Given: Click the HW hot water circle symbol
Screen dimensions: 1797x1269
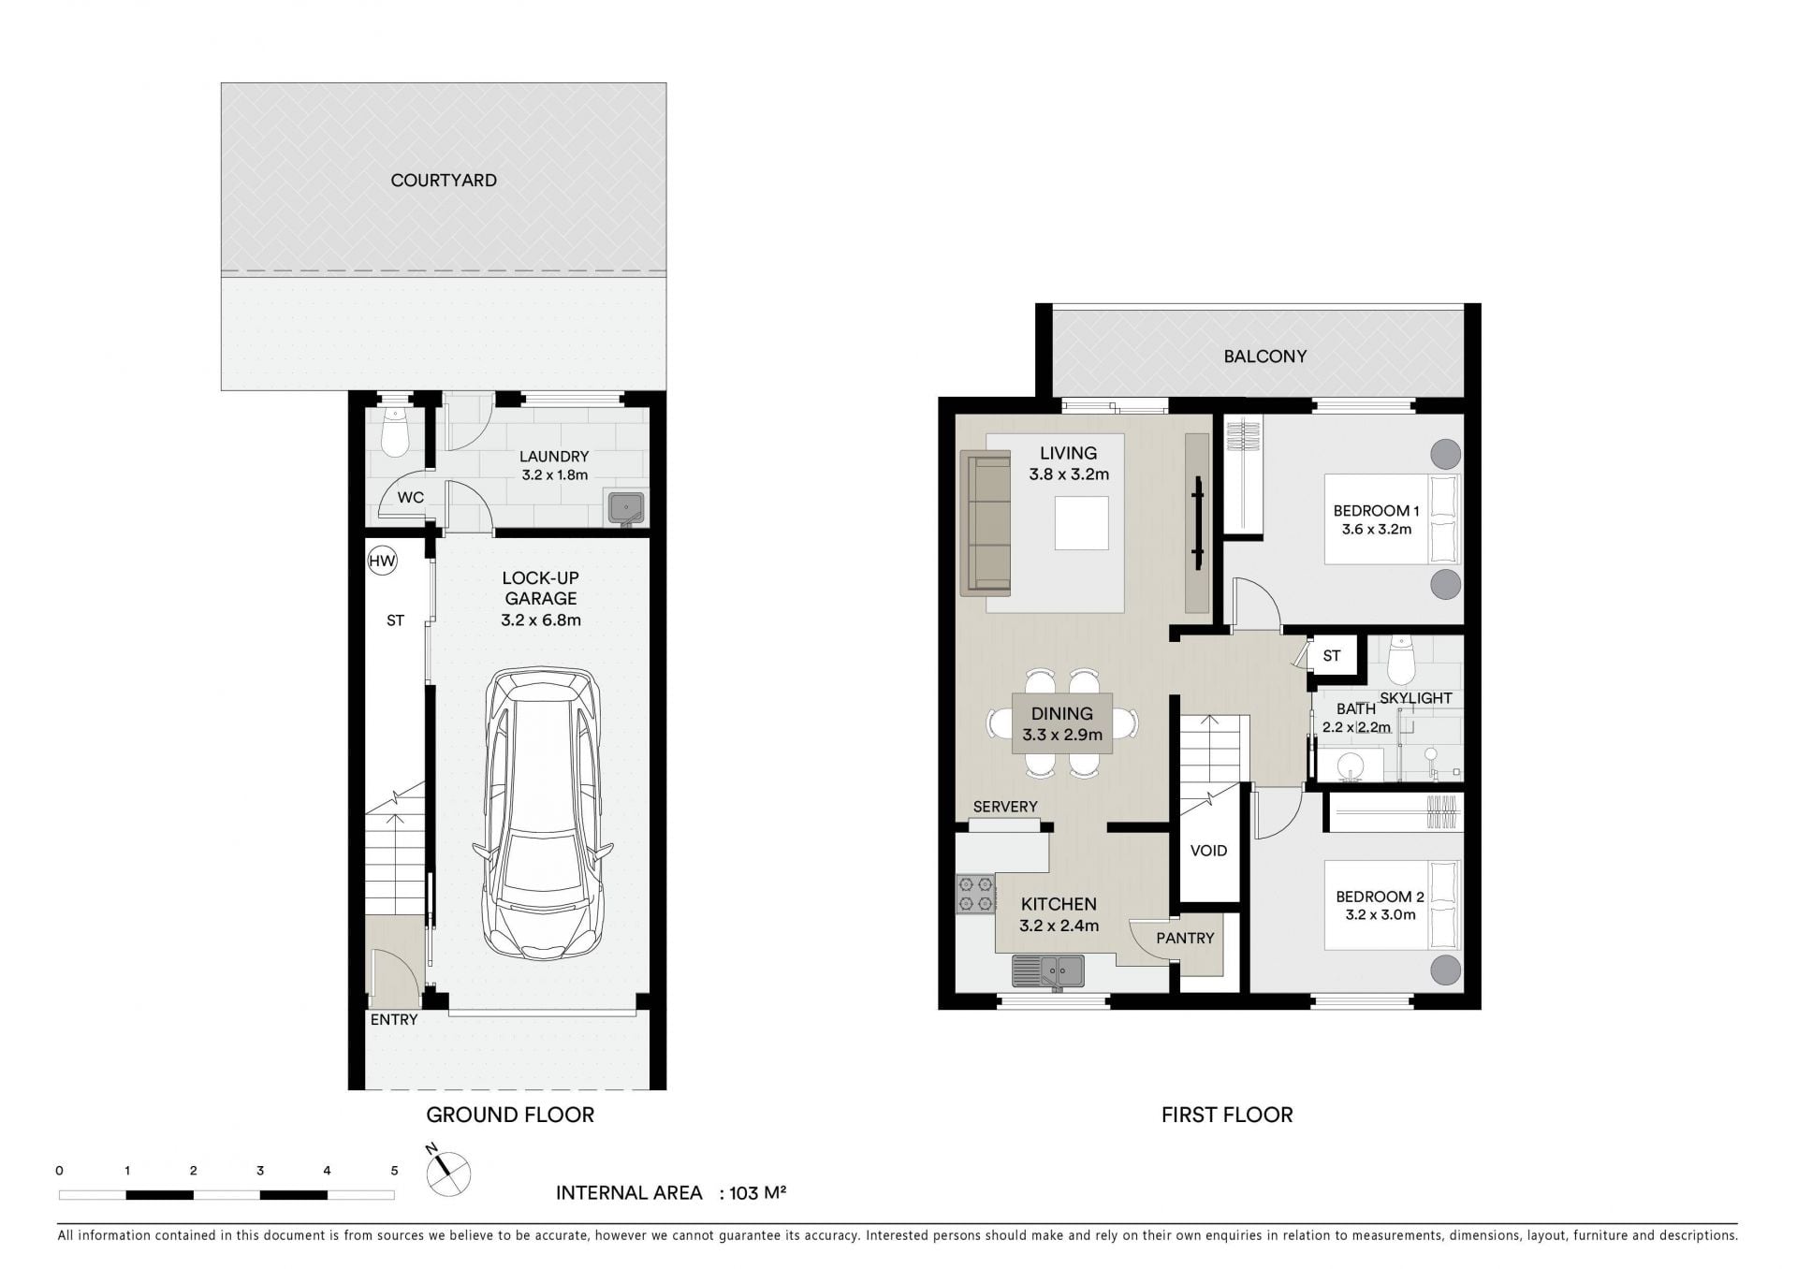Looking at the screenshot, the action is click(x=382, y=561).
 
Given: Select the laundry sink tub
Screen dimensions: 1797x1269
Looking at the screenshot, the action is click(x=626, y=507).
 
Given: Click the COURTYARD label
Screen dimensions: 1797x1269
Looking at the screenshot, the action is click(x=444, y=181).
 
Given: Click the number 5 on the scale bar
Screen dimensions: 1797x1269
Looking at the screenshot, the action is click(x=394, y=1170).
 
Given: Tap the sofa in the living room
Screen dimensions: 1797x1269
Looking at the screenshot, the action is click(x=986, y=522).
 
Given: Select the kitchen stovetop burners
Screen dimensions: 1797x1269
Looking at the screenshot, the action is click(x=975, y=893).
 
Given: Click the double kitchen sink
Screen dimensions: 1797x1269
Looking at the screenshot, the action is click(x=1048, y=971).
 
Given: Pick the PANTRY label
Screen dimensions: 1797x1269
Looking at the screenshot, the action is click(x=1185, y=938).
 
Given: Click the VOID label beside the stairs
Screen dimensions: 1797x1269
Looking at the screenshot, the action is click(x=1208, y=851).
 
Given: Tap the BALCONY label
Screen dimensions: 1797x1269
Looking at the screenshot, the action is click(x=1264, y=357).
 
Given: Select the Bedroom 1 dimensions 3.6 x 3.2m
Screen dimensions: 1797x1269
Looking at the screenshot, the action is click(x=1376, y=530).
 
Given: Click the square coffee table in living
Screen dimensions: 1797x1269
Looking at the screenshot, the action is click(x=1082, y=523).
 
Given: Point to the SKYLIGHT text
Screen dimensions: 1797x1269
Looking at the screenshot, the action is click(x=1415, y=698).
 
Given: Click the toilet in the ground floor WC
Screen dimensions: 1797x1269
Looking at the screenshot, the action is click(x=395, y=432).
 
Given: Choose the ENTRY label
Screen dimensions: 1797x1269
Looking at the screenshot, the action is click(x=394, y=1020).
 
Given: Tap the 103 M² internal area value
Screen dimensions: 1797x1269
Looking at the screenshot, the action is click(x=757, y=1192).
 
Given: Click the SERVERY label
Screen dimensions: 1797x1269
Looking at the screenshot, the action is click(x=1005, y=807).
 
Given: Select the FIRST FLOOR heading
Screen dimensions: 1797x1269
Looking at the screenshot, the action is click(x=1227, y=1115).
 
